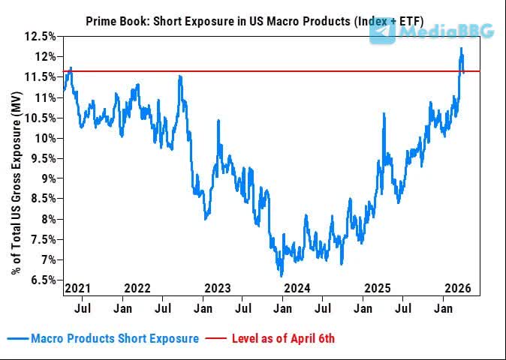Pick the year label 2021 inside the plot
(78, 288)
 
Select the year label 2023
(218, 288)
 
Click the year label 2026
(458, 288)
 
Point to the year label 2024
(297, 288)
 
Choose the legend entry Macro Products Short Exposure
(115, 338)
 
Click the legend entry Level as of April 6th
(284, 338)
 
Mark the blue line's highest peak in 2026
(461, 49)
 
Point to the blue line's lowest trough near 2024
(282, 275)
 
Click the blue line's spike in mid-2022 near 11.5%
(179, 76)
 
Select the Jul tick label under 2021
(83, 307)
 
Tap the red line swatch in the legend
(217, 338)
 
